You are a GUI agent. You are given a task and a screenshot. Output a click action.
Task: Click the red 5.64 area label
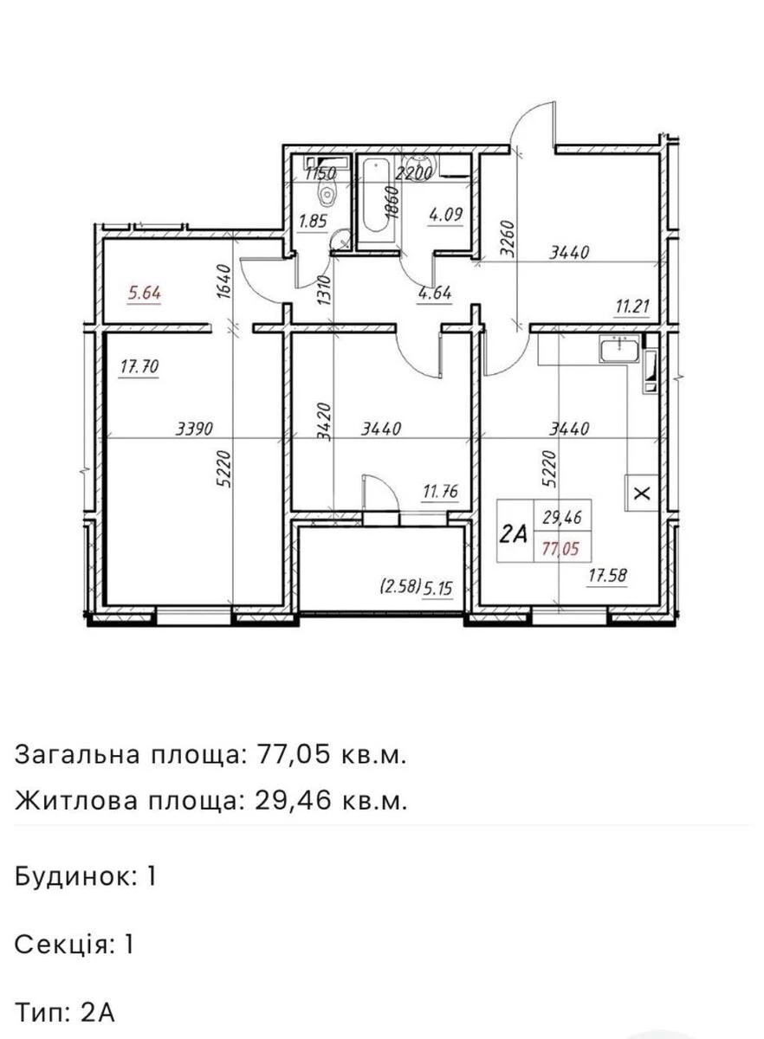(x=144, y=294)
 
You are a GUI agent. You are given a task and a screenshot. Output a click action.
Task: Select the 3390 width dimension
(x=195, y=429)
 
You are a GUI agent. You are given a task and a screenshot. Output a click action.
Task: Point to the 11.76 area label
(x=439, y=494)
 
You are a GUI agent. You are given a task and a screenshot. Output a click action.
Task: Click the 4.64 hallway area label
(x=435, y=294)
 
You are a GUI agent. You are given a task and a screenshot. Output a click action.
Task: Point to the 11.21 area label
(x=629, y=306)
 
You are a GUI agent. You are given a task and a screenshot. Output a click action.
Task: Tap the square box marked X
(x=641, y=494)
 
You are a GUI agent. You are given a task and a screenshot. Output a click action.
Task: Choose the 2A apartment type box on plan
(x=514, y=533)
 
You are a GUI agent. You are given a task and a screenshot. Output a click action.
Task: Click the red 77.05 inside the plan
(x=561, y=546)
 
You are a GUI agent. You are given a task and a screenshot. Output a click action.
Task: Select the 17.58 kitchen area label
(x=608, y=574)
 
